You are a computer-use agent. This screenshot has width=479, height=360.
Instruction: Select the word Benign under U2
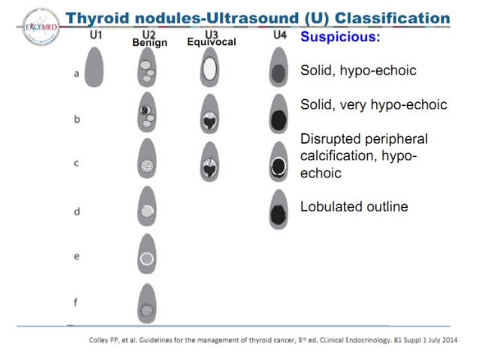coord(149,43)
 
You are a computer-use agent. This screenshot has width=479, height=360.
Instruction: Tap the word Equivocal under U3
coord(211,42)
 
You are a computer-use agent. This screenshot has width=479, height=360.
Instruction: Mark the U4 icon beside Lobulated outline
coord(279,211)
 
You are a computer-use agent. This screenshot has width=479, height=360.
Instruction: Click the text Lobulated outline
coord(354,207)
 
